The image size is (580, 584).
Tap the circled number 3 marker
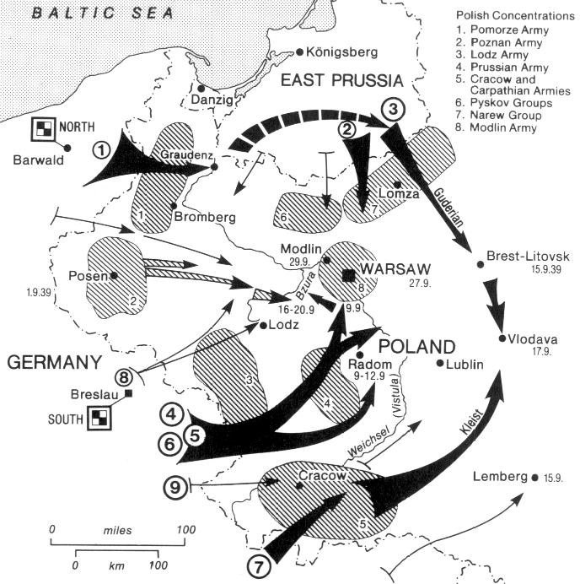point(393,109)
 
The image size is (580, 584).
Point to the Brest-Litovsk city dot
point(481,263)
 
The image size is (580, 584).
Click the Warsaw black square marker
point(349,273)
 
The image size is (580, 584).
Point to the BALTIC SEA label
point(100,13)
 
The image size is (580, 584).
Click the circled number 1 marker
point(102,150)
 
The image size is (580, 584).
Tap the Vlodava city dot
point(503,339)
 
